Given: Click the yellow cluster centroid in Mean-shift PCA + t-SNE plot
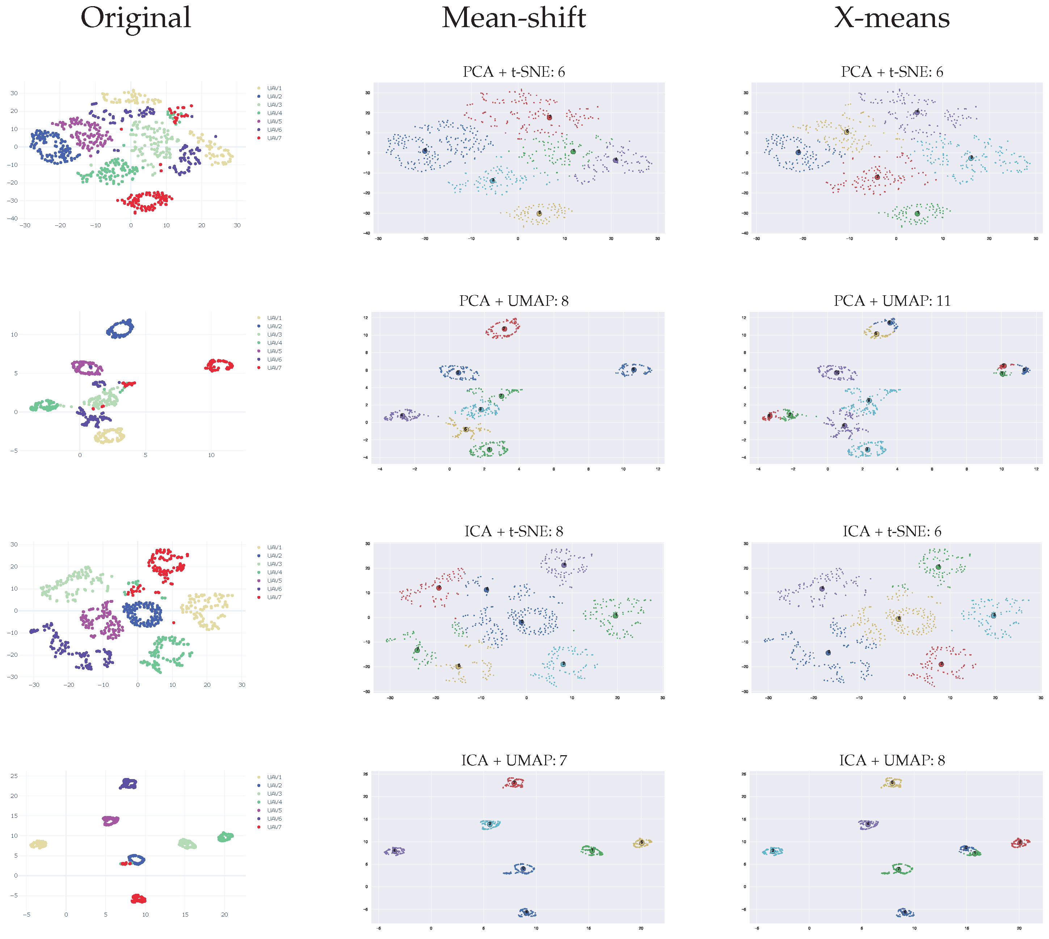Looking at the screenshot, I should [x=539, y=213].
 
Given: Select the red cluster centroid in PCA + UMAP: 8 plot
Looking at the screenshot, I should [x=504, y=329].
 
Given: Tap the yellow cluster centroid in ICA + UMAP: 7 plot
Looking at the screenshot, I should [x=641, y=842].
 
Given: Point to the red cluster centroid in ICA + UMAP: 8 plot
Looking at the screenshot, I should [x=1020, y=842].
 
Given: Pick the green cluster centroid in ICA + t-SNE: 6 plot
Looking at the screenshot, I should [x=939, y=567].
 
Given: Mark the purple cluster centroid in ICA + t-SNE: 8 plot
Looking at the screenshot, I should [x=564, y=565].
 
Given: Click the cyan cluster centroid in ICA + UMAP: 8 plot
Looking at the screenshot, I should [x=772, y=851].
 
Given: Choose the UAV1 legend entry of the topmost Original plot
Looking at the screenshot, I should [x=274, y=88].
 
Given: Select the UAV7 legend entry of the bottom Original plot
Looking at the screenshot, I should [x=274, y=827].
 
